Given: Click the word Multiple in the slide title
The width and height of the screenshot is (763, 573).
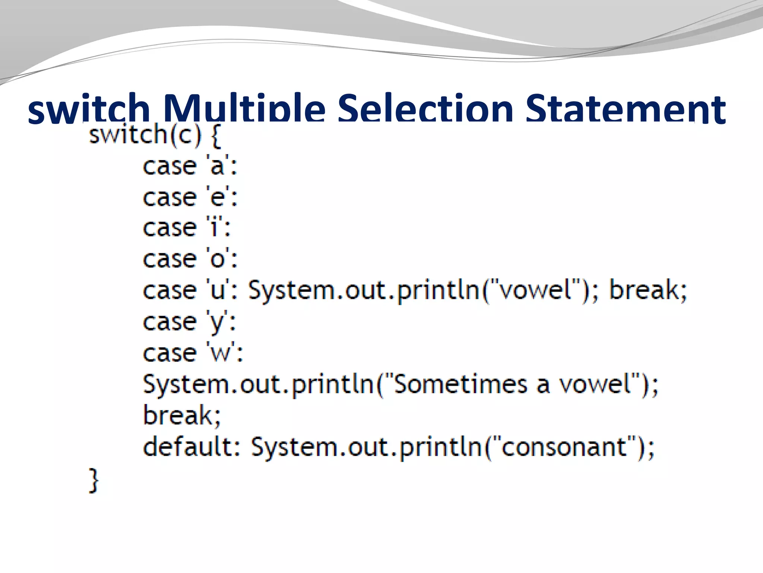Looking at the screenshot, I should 244,110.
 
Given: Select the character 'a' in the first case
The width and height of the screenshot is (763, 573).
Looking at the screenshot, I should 217,166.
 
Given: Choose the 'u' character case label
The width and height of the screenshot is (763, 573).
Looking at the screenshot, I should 217,291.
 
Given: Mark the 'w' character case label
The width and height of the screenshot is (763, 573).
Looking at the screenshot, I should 220,353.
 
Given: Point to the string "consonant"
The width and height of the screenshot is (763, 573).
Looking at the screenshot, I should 564,447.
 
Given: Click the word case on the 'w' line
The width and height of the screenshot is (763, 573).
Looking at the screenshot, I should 170,353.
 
